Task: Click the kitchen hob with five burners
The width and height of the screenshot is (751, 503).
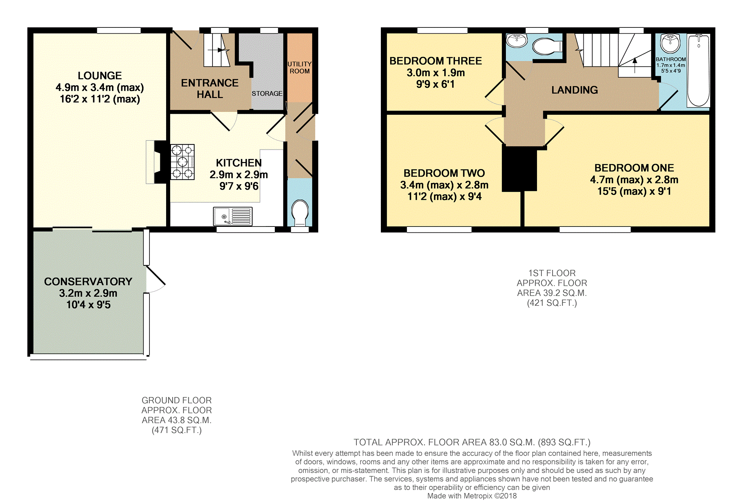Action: tap(182, 162)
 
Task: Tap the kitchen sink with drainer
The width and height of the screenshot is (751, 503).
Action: tap(233, 216)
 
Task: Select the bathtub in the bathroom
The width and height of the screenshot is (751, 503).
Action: tap(698, 70)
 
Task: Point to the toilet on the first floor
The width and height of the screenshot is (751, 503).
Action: tap(547, 47)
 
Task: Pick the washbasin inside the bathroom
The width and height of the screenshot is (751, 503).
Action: tap(670, 43)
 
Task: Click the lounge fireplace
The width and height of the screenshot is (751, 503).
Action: tap(157, 162)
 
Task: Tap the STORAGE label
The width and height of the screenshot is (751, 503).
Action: tap(267, 93)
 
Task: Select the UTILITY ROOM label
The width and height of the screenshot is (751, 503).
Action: tap(300, 67)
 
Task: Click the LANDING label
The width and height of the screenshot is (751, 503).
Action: tap(574, 90)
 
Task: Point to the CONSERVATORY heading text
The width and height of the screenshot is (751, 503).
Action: tap(88, 282)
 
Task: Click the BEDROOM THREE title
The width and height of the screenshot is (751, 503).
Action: tap(436, 61)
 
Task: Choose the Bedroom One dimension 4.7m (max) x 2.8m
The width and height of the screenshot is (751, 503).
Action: tap(634, 180)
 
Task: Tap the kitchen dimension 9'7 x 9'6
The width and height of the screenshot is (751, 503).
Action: tap(239, 186)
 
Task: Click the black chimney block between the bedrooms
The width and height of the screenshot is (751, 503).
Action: tap(519, 169)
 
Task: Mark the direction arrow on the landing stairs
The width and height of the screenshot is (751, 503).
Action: tap(635, 65)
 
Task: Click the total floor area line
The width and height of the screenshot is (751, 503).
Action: tap(472, 442)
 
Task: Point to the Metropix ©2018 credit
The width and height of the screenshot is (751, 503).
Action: tap(472, 496)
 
